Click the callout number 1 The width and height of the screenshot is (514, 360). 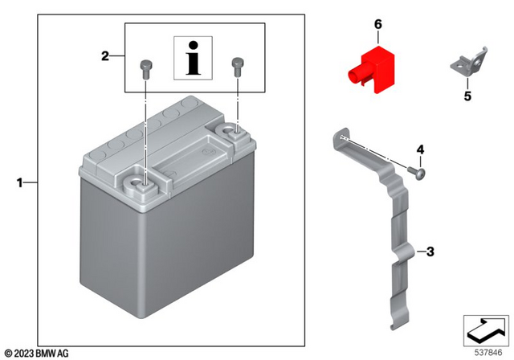pyautogui.click(x=20, y=184)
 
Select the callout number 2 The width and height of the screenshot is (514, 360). pyautogui.click(x=104, y=56)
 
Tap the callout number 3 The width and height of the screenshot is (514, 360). pyautogui.click(x=430, y=252)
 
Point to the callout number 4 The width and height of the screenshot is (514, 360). pyautogui.click(x=419, y=150)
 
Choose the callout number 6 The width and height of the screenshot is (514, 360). pyautogui.click(x=377, y=26)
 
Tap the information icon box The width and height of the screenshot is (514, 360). pyautogui.click(x=193, y=59)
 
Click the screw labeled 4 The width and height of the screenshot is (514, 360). pyautogui.click(x=416, y=170)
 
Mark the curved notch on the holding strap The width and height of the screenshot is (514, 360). pyautogui.click(x=406, y=255)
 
